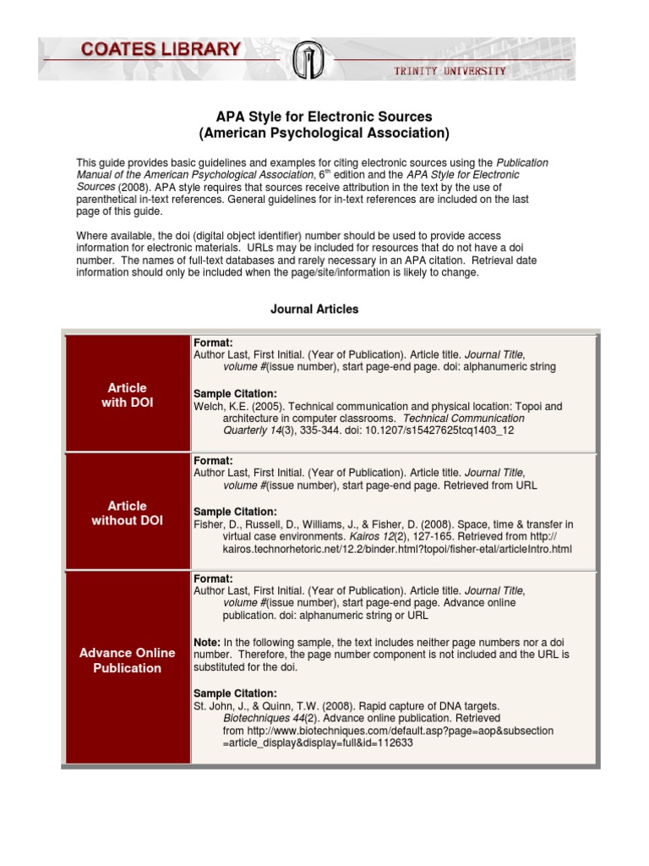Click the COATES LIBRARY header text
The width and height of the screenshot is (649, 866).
pos(160,51)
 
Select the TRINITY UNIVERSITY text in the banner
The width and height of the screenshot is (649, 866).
pos(450,71)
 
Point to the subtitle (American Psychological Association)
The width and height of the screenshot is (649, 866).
pos(324,133)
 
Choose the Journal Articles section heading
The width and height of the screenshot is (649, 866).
pos(314,310)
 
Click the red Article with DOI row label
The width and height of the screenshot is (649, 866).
pos(128,395)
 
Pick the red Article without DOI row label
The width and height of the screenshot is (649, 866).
pos(128,513)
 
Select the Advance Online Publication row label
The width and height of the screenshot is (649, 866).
pos(128,660)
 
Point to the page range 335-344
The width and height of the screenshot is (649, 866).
pos(305,430)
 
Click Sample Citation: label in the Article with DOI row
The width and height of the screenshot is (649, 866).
pos(235,394)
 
